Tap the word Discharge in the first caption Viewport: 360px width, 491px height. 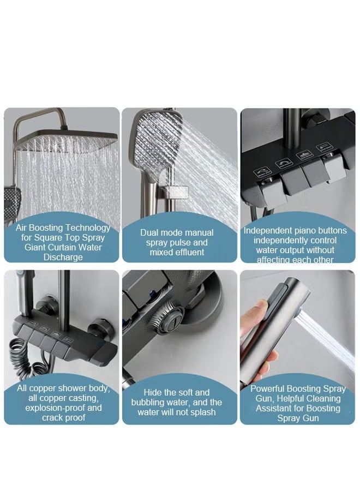pyautogui.click(x=63, y=257)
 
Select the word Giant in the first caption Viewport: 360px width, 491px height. pyautogui.click(x=33, y=247)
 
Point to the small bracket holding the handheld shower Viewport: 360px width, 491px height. pyautogui.click(x=178, y=190)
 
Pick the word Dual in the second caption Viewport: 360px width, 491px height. pyautogui.click(x=151, y=232)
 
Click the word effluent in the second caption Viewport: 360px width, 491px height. pyautogui.click(x=187, y=252)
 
